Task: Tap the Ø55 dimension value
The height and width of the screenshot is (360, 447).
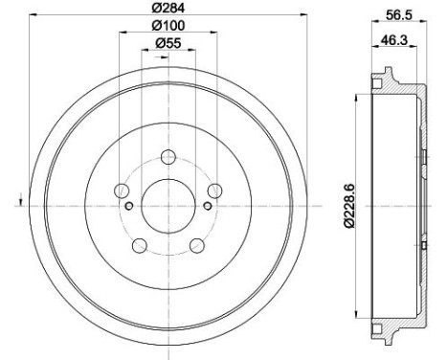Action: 168,44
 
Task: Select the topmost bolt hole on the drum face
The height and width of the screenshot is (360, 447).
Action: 168,157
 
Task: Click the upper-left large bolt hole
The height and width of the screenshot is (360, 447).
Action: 122,190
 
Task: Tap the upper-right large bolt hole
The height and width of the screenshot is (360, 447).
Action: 214,190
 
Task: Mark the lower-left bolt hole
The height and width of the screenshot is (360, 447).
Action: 140,245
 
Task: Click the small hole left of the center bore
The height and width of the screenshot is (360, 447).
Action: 128,203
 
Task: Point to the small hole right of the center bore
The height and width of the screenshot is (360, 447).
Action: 207,203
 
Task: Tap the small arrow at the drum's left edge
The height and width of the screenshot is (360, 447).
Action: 19,201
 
